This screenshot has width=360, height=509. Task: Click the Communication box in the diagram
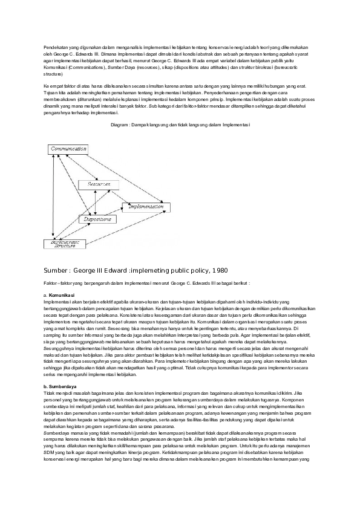coord(69,149)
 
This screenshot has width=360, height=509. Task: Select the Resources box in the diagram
coord(99,183)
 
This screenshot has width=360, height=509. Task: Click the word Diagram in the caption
coord(121,125)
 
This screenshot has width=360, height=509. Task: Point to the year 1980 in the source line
coord(218,269)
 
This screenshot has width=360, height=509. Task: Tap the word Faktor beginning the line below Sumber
coord(51,282)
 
